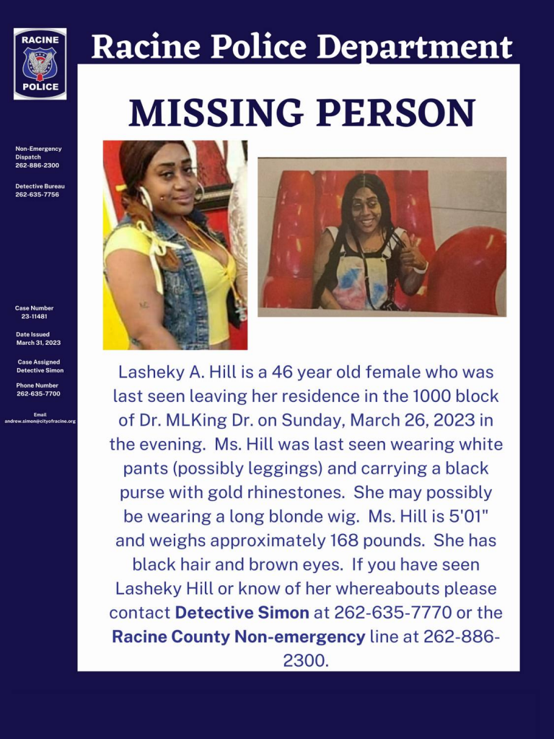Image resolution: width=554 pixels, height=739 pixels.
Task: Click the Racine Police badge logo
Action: tap(40, 64)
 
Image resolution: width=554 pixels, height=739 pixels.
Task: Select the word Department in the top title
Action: tap(415, 48)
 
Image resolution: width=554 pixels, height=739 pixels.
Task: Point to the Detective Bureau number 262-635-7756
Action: tap(37, 195)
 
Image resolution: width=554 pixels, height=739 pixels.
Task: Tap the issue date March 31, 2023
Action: tap(38, 343)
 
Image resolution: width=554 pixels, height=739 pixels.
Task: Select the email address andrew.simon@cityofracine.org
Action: tap(40, 421)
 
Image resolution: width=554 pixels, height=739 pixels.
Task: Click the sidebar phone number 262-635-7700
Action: tap(38, 394)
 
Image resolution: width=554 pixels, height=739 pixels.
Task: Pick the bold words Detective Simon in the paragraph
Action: tap(242, 613)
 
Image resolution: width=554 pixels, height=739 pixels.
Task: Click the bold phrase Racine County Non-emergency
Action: tap(238, 637)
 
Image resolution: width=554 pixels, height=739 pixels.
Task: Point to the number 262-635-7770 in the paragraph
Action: tap(380, 613)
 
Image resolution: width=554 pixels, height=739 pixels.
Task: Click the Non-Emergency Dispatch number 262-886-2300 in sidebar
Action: tap(37, 165)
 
